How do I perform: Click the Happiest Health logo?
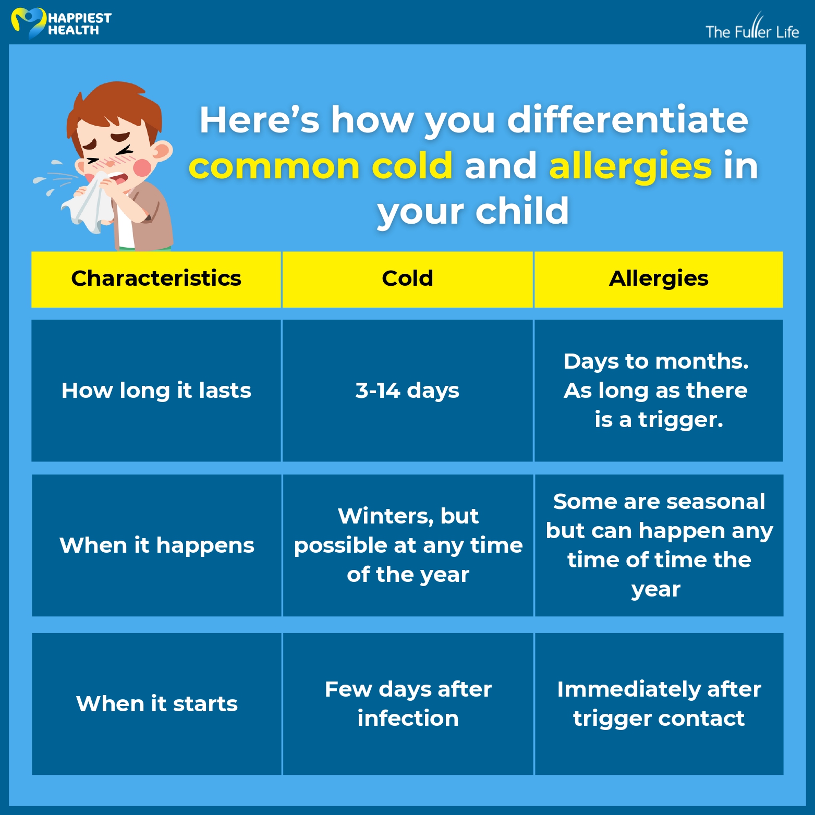tap(61, 23)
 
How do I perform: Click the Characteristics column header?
tap(156, 279)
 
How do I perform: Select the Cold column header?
tap(407, 279)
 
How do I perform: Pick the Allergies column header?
tap(659, 279)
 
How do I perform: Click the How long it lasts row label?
tap(156, 391)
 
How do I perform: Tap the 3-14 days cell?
tap(407, 391)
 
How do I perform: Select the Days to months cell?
tap(659, 391)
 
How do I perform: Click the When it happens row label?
tap(156, 545)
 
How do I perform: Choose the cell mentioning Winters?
tap(408, 545)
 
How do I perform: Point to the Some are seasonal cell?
tap(659, 545)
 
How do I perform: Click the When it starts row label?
tap(156, 704)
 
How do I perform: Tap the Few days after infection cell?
tap(408, 704)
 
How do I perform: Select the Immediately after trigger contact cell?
tap(659, 704)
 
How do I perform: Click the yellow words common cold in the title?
tap(320, 166)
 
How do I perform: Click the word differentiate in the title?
tap(628, 119)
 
